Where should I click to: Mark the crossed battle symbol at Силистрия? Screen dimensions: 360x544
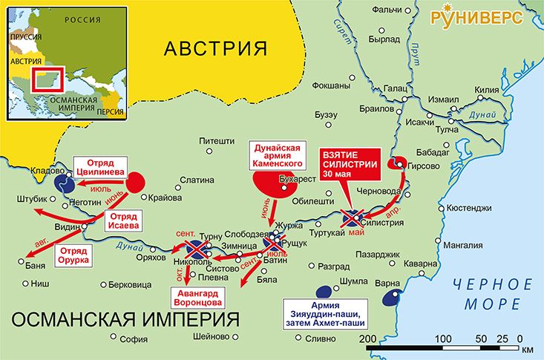click(351, 218)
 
